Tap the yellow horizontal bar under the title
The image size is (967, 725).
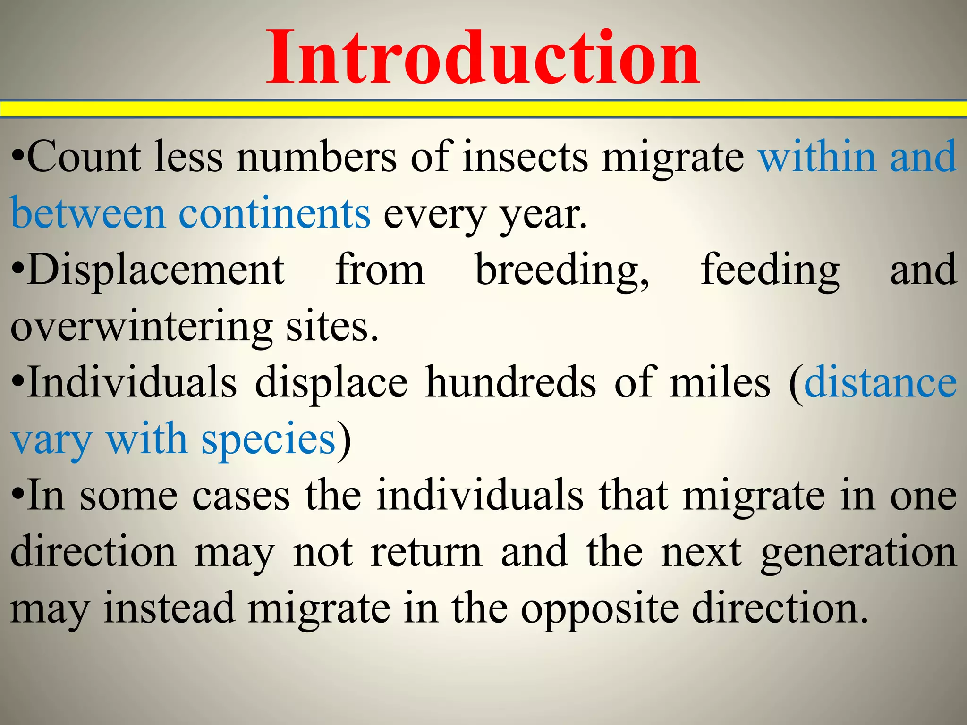[x=483, y=109]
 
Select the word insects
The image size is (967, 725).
[x=525, y=157]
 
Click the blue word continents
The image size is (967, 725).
[x=274, y=214]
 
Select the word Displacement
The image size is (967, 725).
[x=156, y=270]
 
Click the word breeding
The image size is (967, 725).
[x=561, y=270]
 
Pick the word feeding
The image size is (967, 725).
[x=770, y=270]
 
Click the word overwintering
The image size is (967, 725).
[x=142, y=327]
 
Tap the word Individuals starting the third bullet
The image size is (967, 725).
[x=132, y=383]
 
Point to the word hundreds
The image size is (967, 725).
[x=510, y=383]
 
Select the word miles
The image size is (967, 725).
[x=720, y=383]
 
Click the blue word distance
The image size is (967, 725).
[x=881, y=383]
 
